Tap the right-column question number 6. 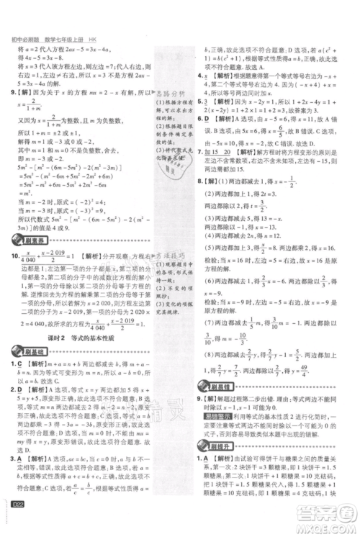(x=199, y=117)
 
